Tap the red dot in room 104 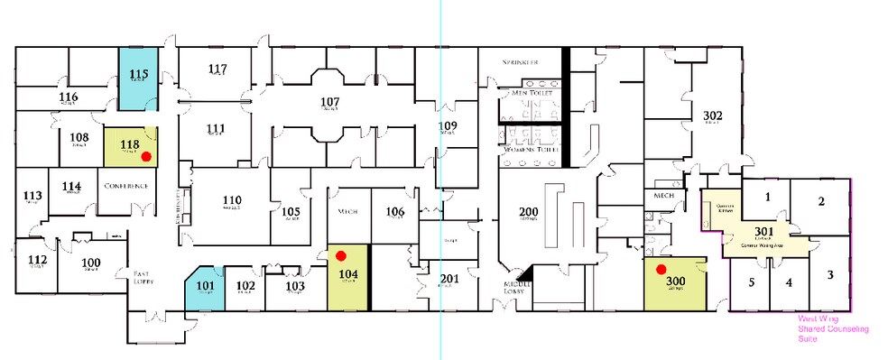click(340, 256)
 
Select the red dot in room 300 click(661, 269)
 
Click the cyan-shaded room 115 click(139, 77)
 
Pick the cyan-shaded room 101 click(205, 288)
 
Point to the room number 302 click(713, 115)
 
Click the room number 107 click(330, 101)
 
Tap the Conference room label click(125, 186)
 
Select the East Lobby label click(144, 277)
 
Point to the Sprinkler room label click(521, 61)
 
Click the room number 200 click(529, 212)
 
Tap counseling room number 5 click(751, 282)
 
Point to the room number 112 click(37, 260)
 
